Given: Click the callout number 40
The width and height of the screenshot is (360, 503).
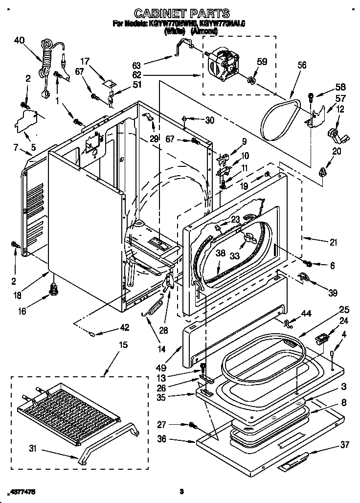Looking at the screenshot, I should click(19, 41).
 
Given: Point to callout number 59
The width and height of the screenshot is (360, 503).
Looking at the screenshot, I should click(262, 62).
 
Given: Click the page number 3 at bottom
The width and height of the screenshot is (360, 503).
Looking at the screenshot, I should click(181, 491).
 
